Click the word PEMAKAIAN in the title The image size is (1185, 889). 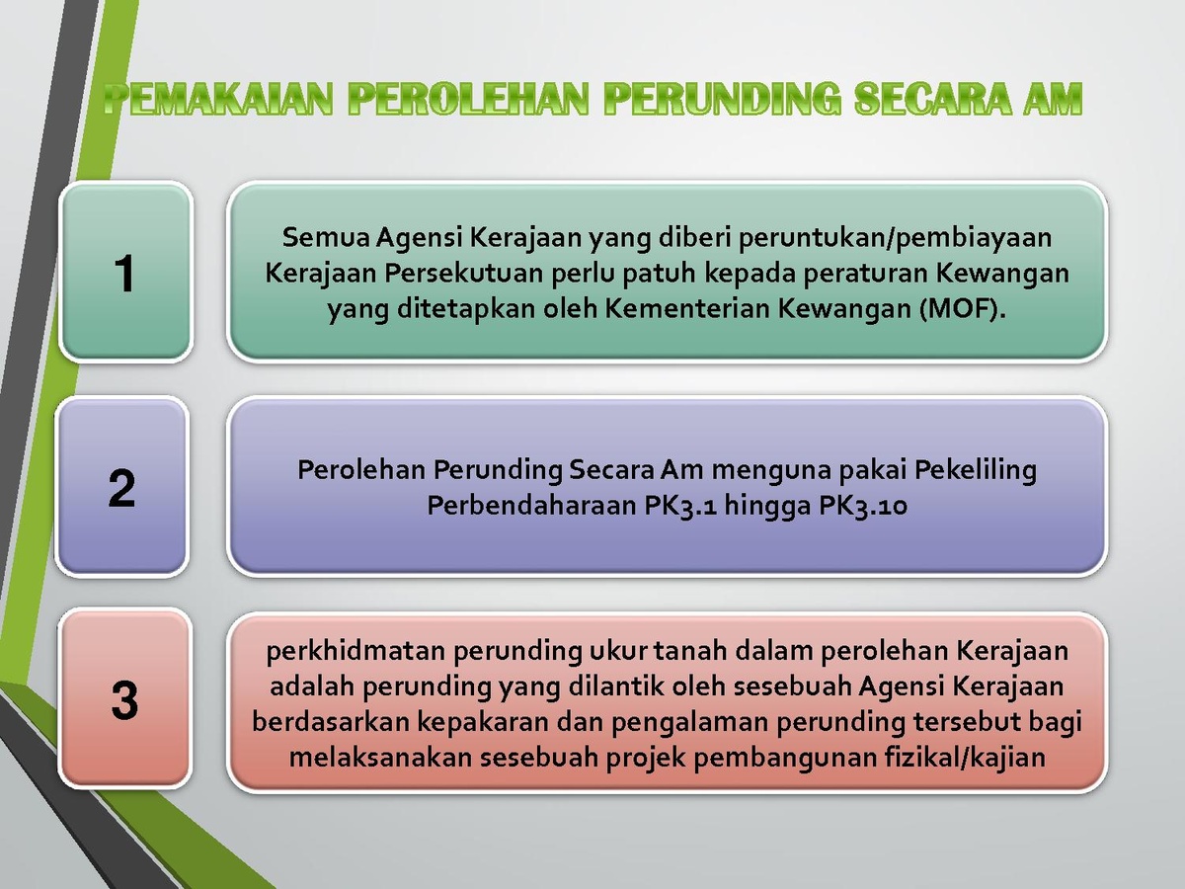(x=217, y=99)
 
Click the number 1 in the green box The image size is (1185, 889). (x=124, y=274)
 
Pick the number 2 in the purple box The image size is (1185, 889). (x=121, y=489)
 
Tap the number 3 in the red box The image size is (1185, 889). (x=124, y=700)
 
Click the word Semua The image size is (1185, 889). (x=325, y=237)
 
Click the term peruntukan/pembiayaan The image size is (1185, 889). (x=895, y=239)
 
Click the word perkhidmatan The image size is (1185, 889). (x=355, y=652)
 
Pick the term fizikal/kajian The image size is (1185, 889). (x=965, y=758)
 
